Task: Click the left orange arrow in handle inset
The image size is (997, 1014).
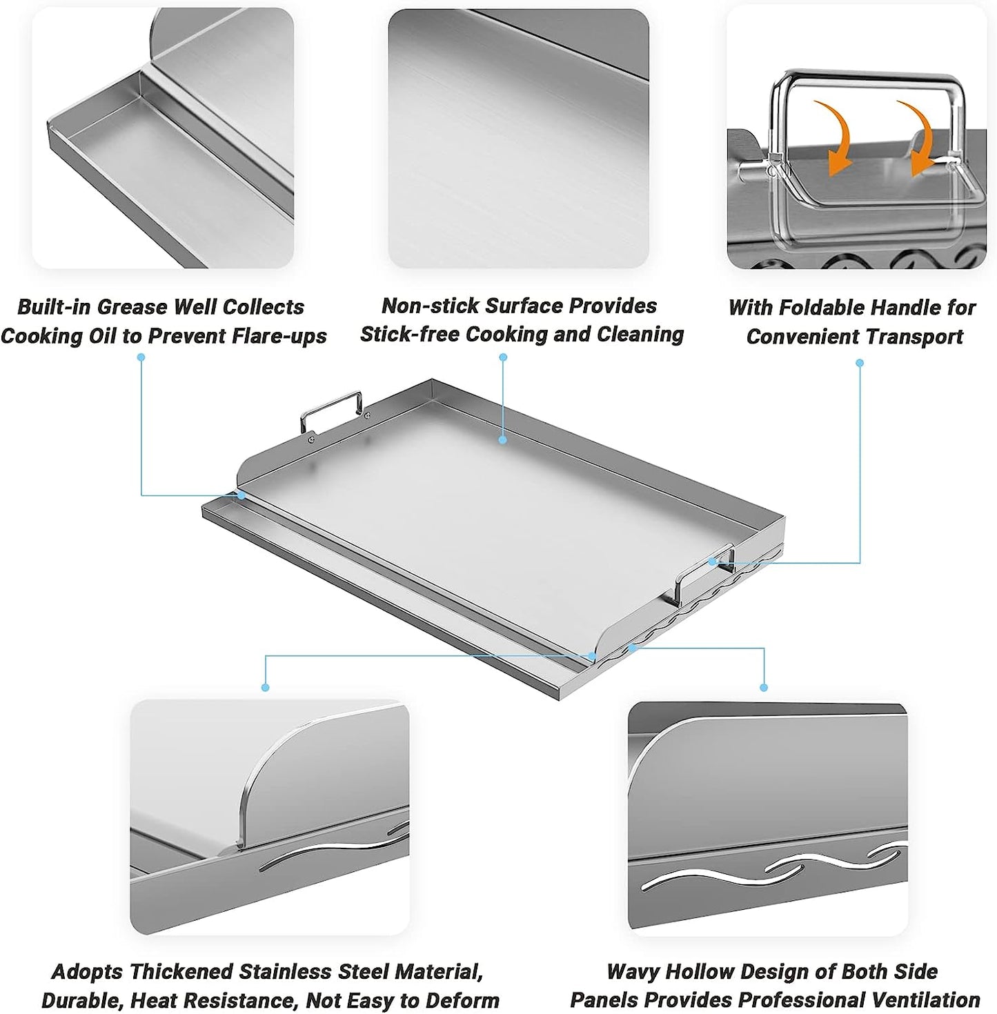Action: coord(834,135)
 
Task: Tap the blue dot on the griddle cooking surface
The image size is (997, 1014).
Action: coord(504,439)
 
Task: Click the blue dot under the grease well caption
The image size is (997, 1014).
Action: coord(141,357)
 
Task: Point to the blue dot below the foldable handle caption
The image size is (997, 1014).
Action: coord(860,363)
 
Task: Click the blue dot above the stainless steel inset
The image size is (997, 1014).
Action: coord(265,687)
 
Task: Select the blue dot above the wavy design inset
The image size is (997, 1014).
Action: coord(764,688)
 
